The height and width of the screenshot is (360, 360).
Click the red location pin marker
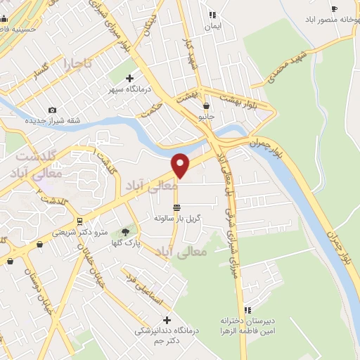coord(181,165)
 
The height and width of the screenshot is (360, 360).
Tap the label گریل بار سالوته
coord(178,219)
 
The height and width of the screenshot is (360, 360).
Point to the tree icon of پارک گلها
coord(126,231)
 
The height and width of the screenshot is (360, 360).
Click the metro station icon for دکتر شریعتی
coord(79,220)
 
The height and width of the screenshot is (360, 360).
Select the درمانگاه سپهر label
coord(127,90)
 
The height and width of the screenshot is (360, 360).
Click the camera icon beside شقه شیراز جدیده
coord(52,110)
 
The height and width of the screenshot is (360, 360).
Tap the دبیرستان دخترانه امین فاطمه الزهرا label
coord(248,326)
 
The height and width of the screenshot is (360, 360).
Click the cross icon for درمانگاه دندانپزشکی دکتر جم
coord(167,321)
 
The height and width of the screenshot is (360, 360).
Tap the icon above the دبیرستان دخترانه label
coord(247,310)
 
